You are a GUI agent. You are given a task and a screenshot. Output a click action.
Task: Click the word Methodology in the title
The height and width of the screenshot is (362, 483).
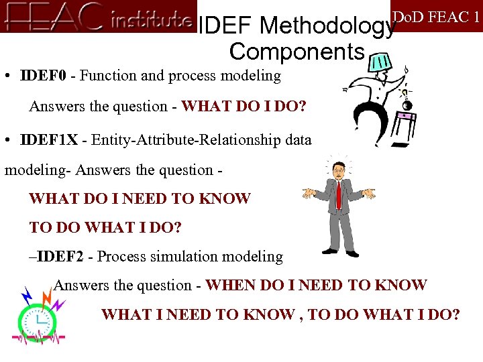[x=327, y=26]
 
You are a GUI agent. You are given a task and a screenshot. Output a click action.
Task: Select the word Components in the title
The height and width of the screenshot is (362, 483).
[x=297, y=51]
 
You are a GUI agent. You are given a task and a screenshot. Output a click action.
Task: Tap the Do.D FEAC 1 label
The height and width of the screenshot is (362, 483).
[x=436, y=16]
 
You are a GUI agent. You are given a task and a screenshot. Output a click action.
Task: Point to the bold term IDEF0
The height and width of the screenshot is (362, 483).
[x=44, y=76]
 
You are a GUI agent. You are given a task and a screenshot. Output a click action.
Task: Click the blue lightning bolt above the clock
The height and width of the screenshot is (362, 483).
[x=27, y=294]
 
